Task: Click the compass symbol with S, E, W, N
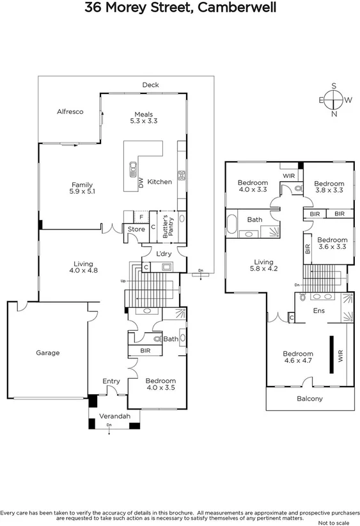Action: (x=334, y=100)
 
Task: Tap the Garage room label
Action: (x=47, y=353)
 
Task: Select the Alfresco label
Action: (x=70, y=111)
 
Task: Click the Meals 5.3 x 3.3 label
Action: (x=143, y=117)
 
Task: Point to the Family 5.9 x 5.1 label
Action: (x=82, y=186)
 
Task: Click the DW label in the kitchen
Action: (x=141, y=182)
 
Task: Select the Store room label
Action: (x=136, y=229)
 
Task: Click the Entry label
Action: (x=111, y=381)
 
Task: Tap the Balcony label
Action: (x=310, y=399)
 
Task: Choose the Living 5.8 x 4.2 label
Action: (x=263, y=266)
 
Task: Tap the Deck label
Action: (x=150, y=85)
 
